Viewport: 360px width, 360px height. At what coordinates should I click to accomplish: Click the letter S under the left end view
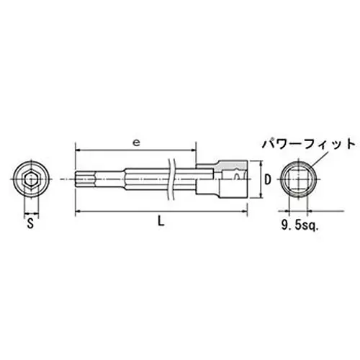pyautogui.click(x=30, y=224)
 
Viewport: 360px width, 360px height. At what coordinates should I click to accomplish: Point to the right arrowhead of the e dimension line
pyautogui.click(x=192, y=150)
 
